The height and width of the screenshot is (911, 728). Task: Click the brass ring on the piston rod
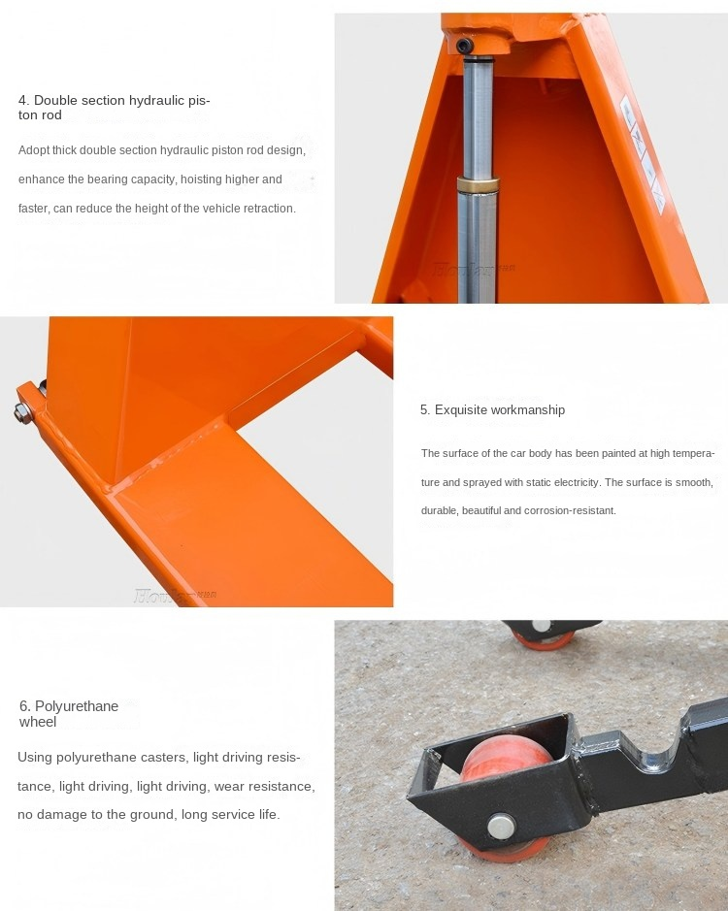478,184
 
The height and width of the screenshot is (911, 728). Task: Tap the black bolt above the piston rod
466,46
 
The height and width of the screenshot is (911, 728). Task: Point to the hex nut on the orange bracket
20,415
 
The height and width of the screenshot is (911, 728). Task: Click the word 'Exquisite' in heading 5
460,410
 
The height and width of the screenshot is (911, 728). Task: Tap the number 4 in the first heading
22,100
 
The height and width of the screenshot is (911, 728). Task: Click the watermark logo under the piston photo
476,266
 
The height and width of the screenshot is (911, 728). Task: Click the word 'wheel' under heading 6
38,722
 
